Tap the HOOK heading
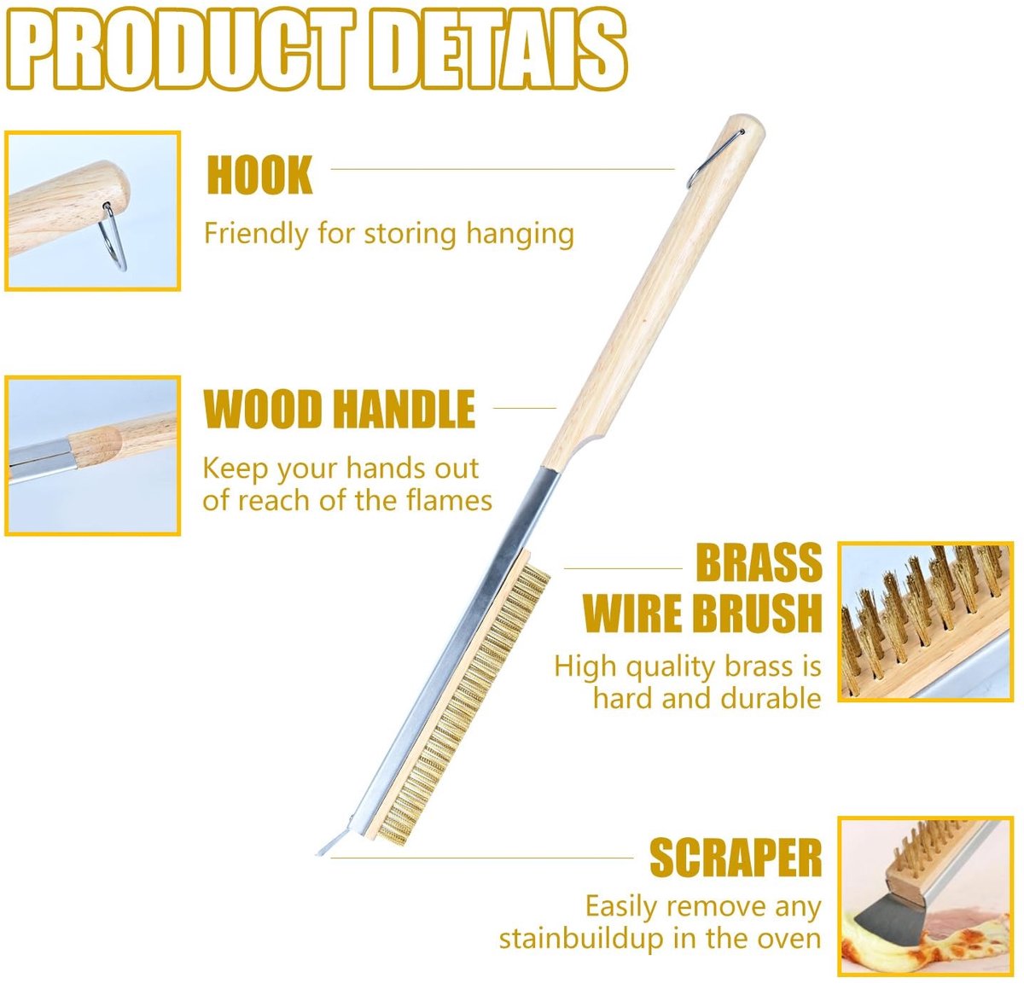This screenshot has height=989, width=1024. point(259,175)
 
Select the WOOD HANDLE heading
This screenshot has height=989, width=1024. point(339,409)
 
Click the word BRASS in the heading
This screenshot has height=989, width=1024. point(759,563)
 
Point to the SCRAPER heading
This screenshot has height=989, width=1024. point(736,858)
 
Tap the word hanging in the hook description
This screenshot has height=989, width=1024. point(520,235)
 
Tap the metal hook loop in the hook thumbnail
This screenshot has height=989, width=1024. point(114,236)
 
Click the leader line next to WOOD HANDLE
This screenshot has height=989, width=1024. point(524,408)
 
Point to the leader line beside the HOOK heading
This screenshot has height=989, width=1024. point(502,170)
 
